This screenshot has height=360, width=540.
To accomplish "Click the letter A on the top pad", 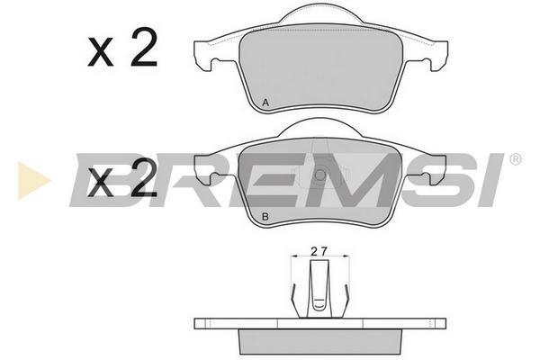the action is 265,103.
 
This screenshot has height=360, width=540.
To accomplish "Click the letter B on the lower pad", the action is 265,217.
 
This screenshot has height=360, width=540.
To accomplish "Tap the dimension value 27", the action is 319,251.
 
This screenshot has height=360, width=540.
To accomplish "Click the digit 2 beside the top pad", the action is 144,48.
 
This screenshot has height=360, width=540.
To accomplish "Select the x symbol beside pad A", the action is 100,52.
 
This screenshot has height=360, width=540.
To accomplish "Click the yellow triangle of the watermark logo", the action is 32,180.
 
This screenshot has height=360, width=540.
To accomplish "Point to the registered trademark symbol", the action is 515,159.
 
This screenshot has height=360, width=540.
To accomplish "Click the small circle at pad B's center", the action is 319,175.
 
